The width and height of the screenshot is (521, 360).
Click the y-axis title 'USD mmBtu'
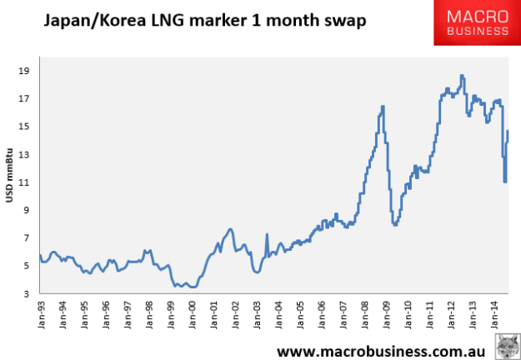click(x=9, y=182)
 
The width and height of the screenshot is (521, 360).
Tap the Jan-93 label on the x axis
click(x=40, y=316)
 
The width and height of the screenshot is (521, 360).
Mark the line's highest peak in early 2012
click(x=461, y=76)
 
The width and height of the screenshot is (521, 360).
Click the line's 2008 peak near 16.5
click(x=383, y=107)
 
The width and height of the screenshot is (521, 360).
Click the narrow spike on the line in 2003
click(x=267, y=235)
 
